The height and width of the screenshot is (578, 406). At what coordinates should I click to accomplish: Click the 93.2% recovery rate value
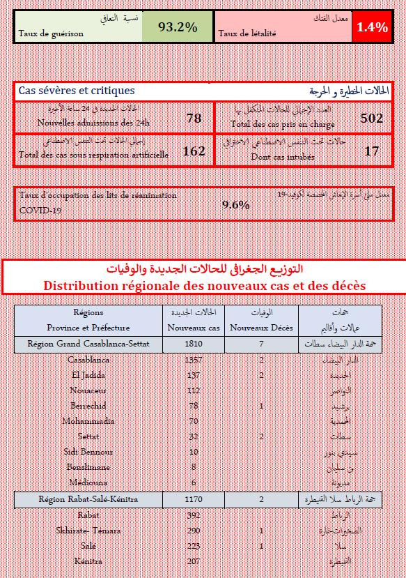[x=177, y=27]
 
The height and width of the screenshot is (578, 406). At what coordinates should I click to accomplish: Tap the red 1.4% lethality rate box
[x=372, y=27]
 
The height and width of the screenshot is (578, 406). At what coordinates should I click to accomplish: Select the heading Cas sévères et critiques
[x=77, y=91]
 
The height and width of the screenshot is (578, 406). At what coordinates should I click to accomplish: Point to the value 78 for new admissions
[x=194, y=118]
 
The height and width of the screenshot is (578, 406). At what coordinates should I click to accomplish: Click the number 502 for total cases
[x=371, y=118]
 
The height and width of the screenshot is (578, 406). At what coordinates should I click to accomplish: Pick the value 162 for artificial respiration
[x=194, y=151]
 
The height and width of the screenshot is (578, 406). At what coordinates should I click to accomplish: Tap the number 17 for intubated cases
[x=371, y=151]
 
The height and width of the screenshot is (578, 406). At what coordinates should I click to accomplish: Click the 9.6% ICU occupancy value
[x=235, y=204]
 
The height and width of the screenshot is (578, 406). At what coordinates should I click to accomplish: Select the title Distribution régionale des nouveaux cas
[x=204, y=286]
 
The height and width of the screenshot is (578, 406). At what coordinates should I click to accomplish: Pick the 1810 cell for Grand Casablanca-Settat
[x=194, y=344]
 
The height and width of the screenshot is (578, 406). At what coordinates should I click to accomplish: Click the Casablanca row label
[x=88, y=360]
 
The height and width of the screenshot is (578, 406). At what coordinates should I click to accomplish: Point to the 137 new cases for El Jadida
[x=194, y=375]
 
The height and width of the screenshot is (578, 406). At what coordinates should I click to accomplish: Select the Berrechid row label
[x=88, y=406]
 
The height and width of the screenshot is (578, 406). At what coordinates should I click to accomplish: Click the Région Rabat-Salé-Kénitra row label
[x=88, y=500]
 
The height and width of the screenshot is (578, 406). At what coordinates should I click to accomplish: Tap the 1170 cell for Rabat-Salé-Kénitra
[x=194, y=500]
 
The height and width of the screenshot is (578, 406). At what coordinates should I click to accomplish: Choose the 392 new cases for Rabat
[x=194, y=516]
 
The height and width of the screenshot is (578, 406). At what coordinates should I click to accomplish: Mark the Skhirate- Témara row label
[x=88, y=531]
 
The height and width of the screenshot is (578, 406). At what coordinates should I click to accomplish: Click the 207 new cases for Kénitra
[x=194, y=561]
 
